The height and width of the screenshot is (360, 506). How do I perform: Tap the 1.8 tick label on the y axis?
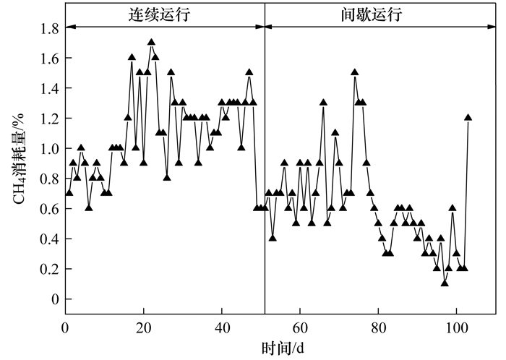tap(50, 28)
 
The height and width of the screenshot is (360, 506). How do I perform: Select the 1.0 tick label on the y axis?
tap(50, 149)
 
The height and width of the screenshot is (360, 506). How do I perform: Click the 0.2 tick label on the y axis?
tap(50, 269)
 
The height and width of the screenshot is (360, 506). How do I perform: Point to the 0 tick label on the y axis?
tap(55, 299)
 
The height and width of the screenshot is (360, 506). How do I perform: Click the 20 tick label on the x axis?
tap(144, 327)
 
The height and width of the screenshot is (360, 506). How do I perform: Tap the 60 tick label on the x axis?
tap(300, 327)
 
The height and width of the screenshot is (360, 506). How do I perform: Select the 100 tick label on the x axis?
tap(456, 327)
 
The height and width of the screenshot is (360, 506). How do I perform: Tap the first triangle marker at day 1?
tap(69, 193)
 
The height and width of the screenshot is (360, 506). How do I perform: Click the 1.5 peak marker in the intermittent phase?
tap(355, 72)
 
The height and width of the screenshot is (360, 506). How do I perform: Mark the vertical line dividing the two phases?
tap(265, 181)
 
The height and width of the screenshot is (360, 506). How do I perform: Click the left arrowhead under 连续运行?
tap(69, 27)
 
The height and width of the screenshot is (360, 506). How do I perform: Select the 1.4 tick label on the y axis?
tap(50, 88)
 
